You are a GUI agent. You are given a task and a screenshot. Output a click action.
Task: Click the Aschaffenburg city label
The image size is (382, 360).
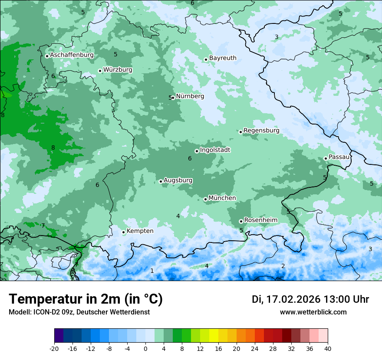[72, 55]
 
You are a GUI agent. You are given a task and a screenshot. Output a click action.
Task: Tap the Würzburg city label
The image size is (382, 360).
[118, 70]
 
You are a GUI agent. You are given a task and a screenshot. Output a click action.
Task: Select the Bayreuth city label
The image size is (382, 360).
[223, 58]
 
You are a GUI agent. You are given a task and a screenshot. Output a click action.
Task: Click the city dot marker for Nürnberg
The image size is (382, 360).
[173, 98]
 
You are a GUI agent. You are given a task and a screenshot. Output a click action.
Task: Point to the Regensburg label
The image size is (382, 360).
[261, 130]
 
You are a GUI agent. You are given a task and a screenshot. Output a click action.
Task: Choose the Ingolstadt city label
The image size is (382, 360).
[215, 150]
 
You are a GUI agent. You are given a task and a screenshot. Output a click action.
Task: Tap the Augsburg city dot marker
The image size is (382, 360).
[161, 181]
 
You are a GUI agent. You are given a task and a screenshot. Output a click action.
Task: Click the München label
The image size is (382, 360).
[222, 198]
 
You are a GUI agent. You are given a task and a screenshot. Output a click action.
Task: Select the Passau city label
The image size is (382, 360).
[339, 157]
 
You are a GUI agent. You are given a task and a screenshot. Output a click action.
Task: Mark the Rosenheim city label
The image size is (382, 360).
[260, 220]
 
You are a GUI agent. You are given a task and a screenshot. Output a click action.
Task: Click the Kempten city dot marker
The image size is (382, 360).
[124, 232]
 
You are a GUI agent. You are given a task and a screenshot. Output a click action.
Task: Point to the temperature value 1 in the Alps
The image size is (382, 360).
[152, 271]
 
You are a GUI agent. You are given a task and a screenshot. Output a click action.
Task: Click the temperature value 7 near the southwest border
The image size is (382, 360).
[43, 226]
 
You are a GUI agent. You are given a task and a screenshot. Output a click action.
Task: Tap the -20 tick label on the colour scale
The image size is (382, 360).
[54, 349]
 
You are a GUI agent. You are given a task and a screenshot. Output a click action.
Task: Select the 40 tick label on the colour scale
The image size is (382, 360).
[328, 349]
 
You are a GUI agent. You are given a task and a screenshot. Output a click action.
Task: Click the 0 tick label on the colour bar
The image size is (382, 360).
[145, 349]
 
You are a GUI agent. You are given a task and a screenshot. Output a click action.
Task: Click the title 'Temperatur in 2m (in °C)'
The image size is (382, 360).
[86, 299]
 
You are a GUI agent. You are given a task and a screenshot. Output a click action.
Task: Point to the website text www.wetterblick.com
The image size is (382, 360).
[313, 312]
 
